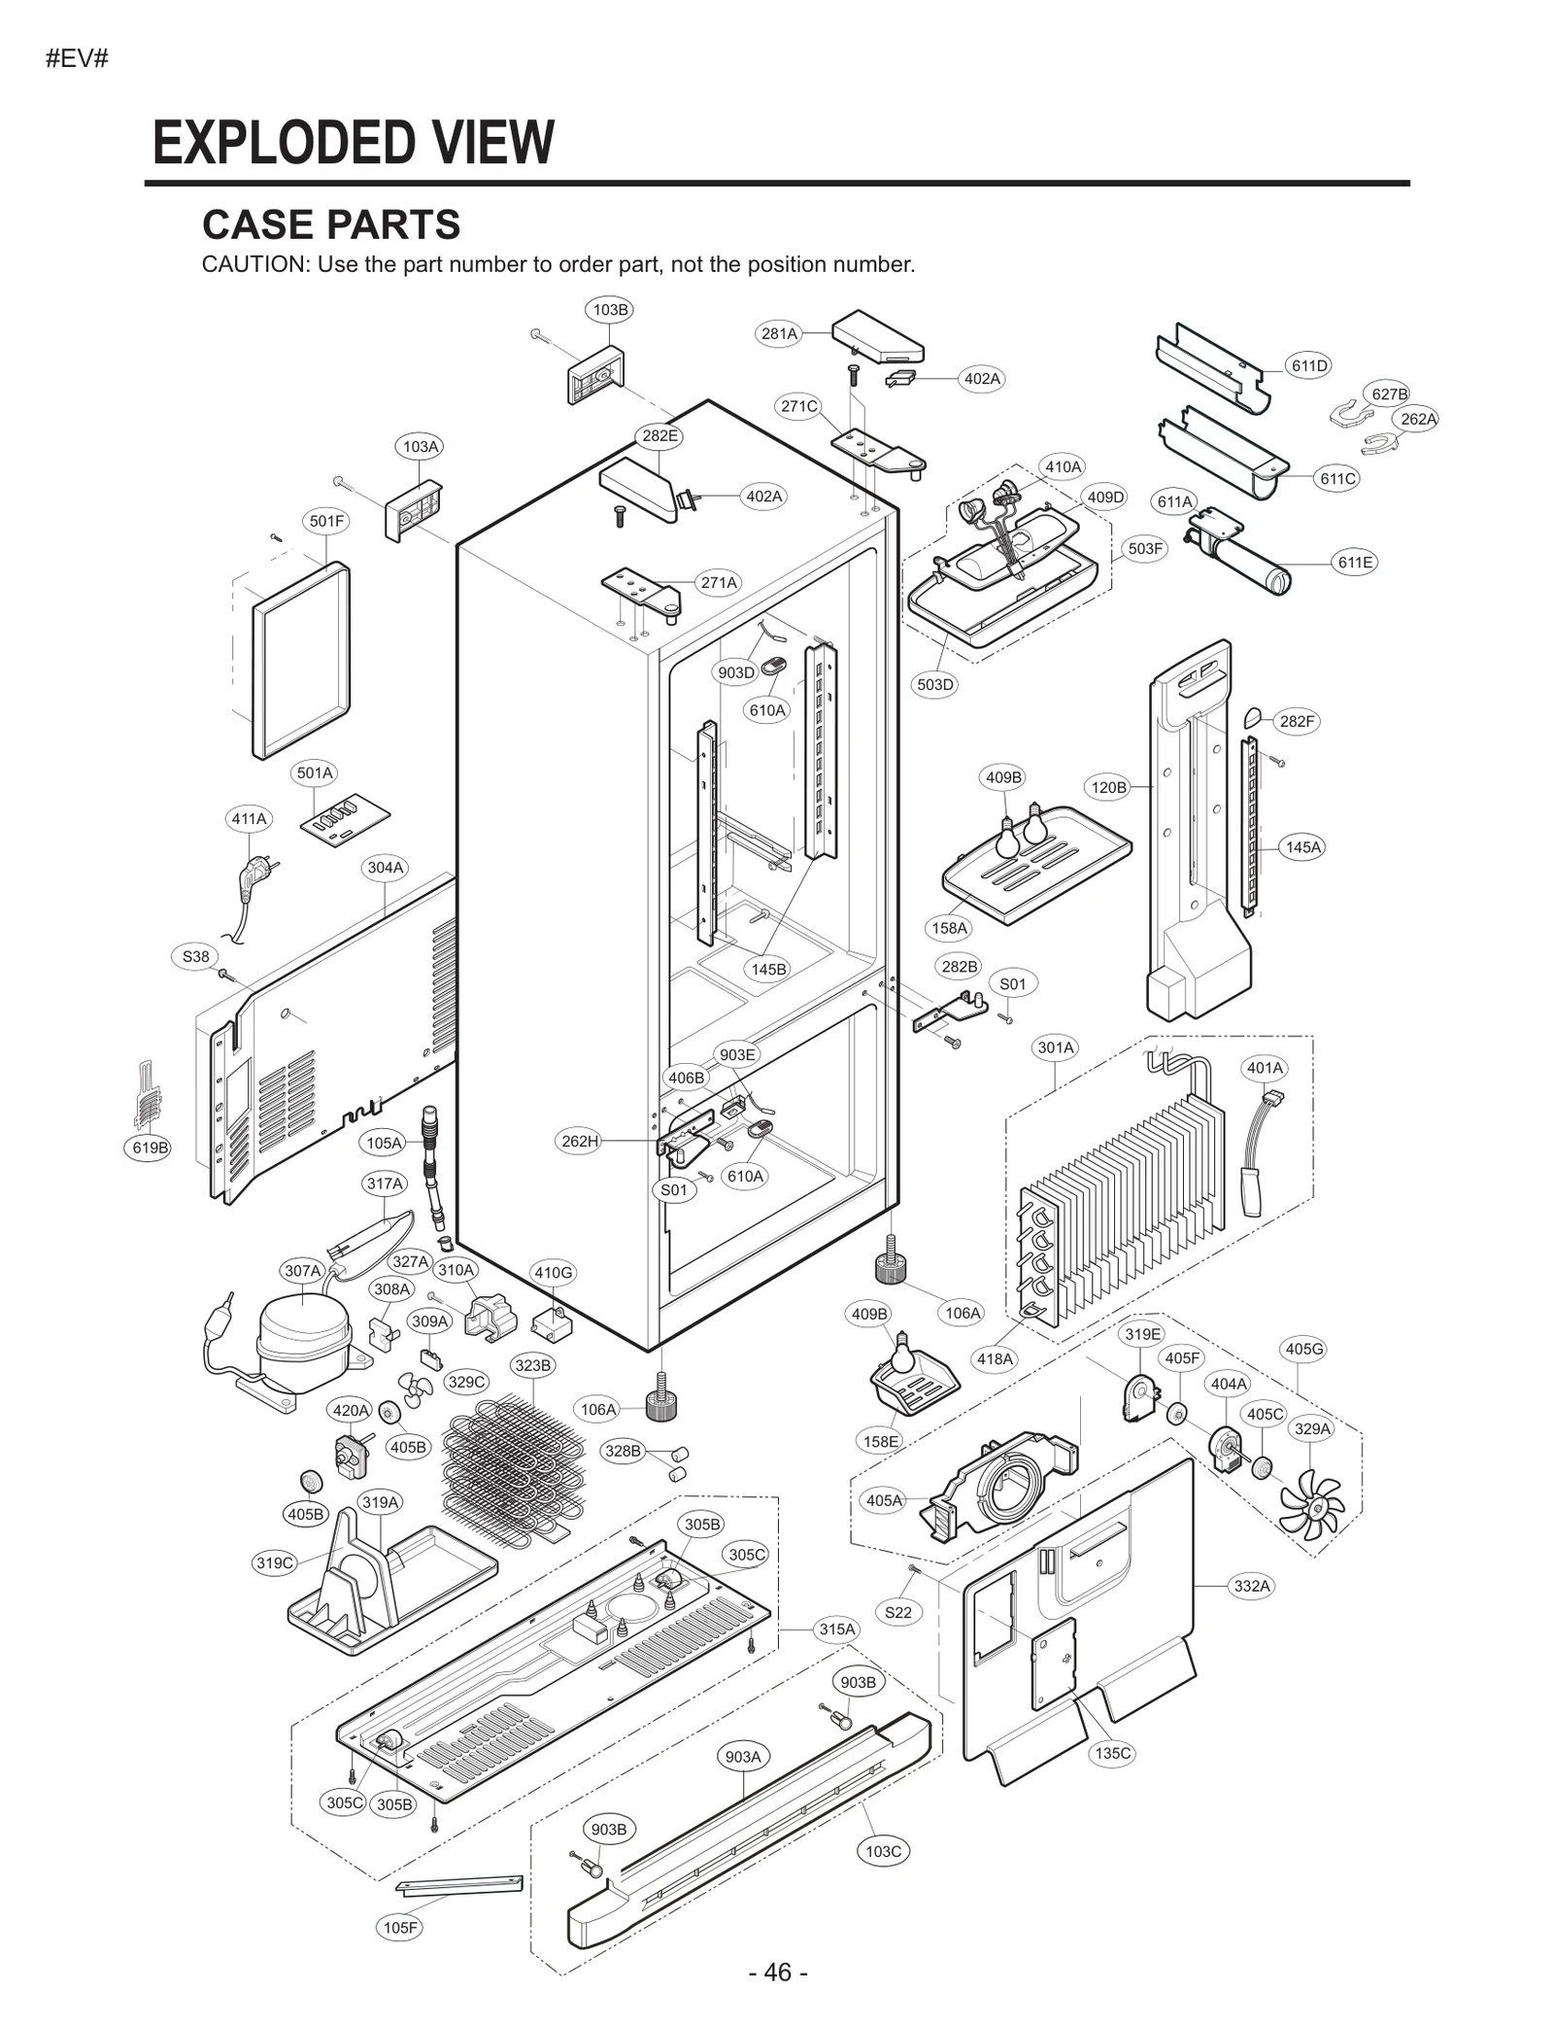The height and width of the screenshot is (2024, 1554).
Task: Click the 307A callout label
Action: click(x=302, y=1270)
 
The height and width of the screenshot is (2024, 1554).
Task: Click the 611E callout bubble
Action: click(x=1355, y=563)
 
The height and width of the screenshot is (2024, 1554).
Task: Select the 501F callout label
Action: click(x=326, y=521)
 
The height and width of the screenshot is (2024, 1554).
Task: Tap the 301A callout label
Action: click(x=1056, y=1047)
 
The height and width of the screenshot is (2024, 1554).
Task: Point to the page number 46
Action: click(x=777, y=1973)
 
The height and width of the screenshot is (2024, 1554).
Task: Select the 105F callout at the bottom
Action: click(x=400, y=1927)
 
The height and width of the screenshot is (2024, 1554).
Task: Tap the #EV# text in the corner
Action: click(x=77, y=58)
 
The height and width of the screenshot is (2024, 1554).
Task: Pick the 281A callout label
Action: click(x=779, y=333)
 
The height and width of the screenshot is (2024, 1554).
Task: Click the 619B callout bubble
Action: click(x=151, y=1148)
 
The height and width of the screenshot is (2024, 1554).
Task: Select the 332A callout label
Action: click(x=1251, y=1586)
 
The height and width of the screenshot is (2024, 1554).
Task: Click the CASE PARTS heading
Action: click(x=331, y=224)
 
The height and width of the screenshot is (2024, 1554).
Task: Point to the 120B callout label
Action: click(x=1108, y=787)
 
